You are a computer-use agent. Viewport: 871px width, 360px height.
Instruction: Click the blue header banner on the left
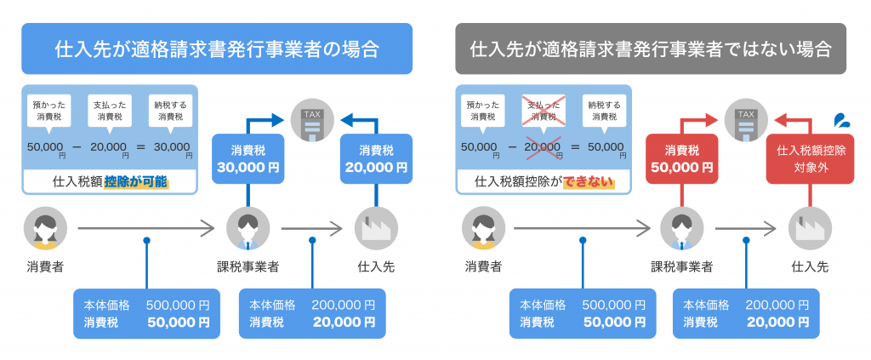pos(217,49)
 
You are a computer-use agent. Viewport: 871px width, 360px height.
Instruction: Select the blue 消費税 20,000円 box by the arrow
pos(376,158)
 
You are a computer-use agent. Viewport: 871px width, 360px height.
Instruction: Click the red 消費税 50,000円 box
pos(684,158)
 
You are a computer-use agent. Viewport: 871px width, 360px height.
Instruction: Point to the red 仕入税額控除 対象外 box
pos(811,158)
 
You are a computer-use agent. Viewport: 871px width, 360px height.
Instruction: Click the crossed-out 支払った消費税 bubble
pos(542,110)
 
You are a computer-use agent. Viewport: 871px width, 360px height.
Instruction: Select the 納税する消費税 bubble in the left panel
pos(170,110)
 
